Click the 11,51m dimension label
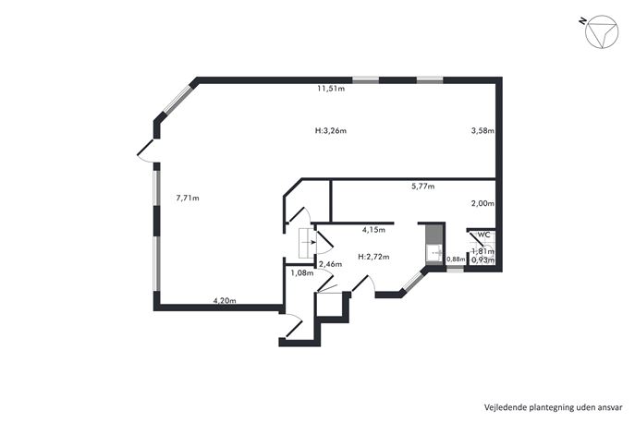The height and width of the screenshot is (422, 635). pos(331,89)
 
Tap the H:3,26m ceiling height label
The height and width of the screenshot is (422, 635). pos(331,131)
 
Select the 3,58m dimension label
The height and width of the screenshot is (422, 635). pos(482,131)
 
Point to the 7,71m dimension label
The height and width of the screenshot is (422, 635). pos(188,199)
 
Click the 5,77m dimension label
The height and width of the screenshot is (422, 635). pos(422,187)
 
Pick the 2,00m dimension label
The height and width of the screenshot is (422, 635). pos(482,203)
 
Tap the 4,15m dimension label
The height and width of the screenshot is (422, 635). pos(373,230)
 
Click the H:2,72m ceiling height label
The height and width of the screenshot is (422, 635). pos(373,257)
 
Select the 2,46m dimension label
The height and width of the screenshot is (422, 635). pos(331,265)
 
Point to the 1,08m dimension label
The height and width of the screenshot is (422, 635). pos(302,273)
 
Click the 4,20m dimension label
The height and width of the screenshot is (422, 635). pos(225,301)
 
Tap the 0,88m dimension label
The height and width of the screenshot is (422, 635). pos(456,259)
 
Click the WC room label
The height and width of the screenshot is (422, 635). pos(484,235)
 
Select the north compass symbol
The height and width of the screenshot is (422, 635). pos(602,32)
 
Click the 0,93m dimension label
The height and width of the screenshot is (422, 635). pos(483,260)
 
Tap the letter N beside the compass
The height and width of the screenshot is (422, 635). pos(582,20)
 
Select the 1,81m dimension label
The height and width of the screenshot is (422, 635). pos(483,251)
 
